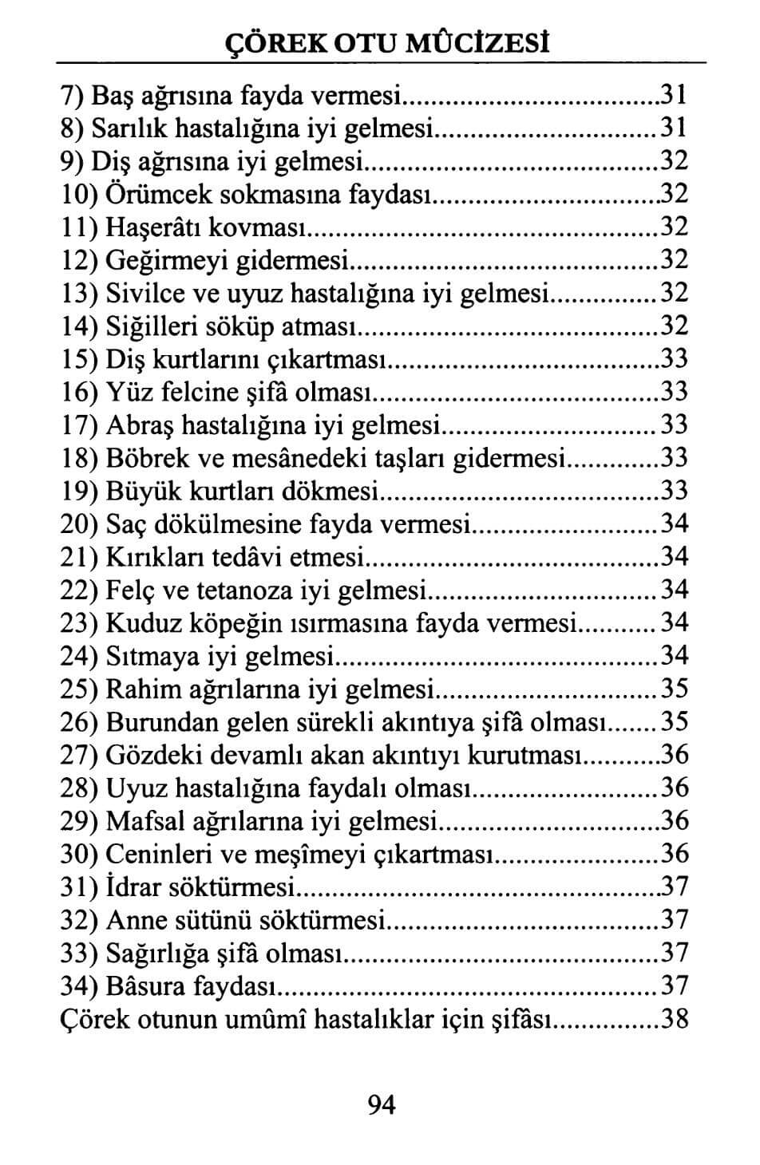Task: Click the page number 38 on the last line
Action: coord(675,1019)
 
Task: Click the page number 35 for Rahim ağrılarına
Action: coord(675,689)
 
